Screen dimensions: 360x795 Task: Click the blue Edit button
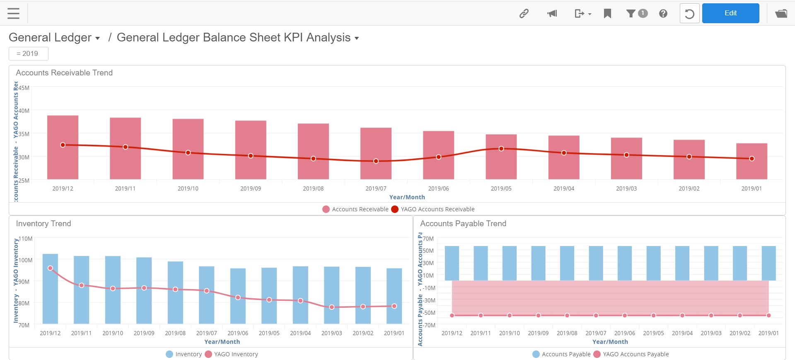[730, 13]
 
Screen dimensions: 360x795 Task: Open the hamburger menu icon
[14, 13]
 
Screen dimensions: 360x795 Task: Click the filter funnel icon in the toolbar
[631, 14]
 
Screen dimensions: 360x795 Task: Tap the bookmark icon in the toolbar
[607, 14]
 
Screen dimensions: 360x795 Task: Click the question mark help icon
[663, 14]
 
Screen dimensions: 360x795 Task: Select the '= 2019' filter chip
[28, 53]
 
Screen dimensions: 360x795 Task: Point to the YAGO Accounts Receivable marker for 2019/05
[501, 148]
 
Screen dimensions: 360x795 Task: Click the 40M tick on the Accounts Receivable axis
[24, 111]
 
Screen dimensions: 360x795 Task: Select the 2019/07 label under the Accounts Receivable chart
[375, 188]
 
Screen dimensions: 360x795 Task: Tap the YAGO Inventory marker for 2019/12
[51, 268]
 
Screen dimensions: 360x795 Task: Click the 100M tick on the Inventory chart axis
[25, 260]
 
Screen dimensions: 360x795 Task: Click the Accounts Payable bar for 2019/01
[768, 263]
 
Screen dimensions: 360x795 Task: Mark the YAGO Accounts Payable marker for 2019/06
[624, 315]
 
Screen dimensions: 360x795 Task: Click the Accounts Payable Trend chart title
[463, 224]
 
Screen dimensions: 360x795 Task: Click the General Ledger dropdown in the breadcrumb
[54, 38]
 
